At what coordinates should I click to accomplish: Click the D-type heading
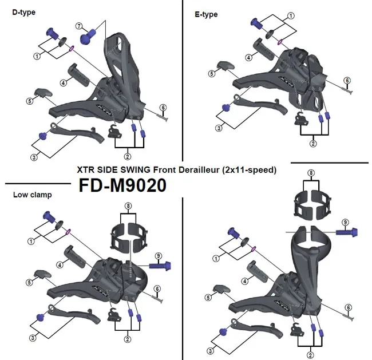click(24, 12)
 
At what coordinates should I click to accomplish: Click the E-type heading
click(207, 14)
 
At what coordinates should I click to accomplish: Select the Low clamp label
click(32, 195)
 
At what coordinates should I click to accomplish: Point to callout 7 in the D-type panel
click(80, 26)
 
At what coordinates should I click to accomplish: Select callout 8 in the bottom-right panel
click(310, 172)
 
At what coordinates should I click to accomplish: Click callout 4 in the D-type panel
click(62, 83)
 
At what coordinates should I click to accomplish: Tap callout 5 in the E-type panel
click(212, 73)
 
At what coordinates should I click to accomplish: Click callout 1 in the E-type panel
click(291, 16)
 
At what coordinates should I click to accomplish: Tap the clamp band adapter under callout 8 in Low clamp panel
click(126, 235)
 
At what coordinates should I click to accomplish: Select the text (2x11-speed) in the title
click(248, 170)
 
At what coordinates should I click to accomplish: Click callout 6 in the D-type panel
click(163, 106)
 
